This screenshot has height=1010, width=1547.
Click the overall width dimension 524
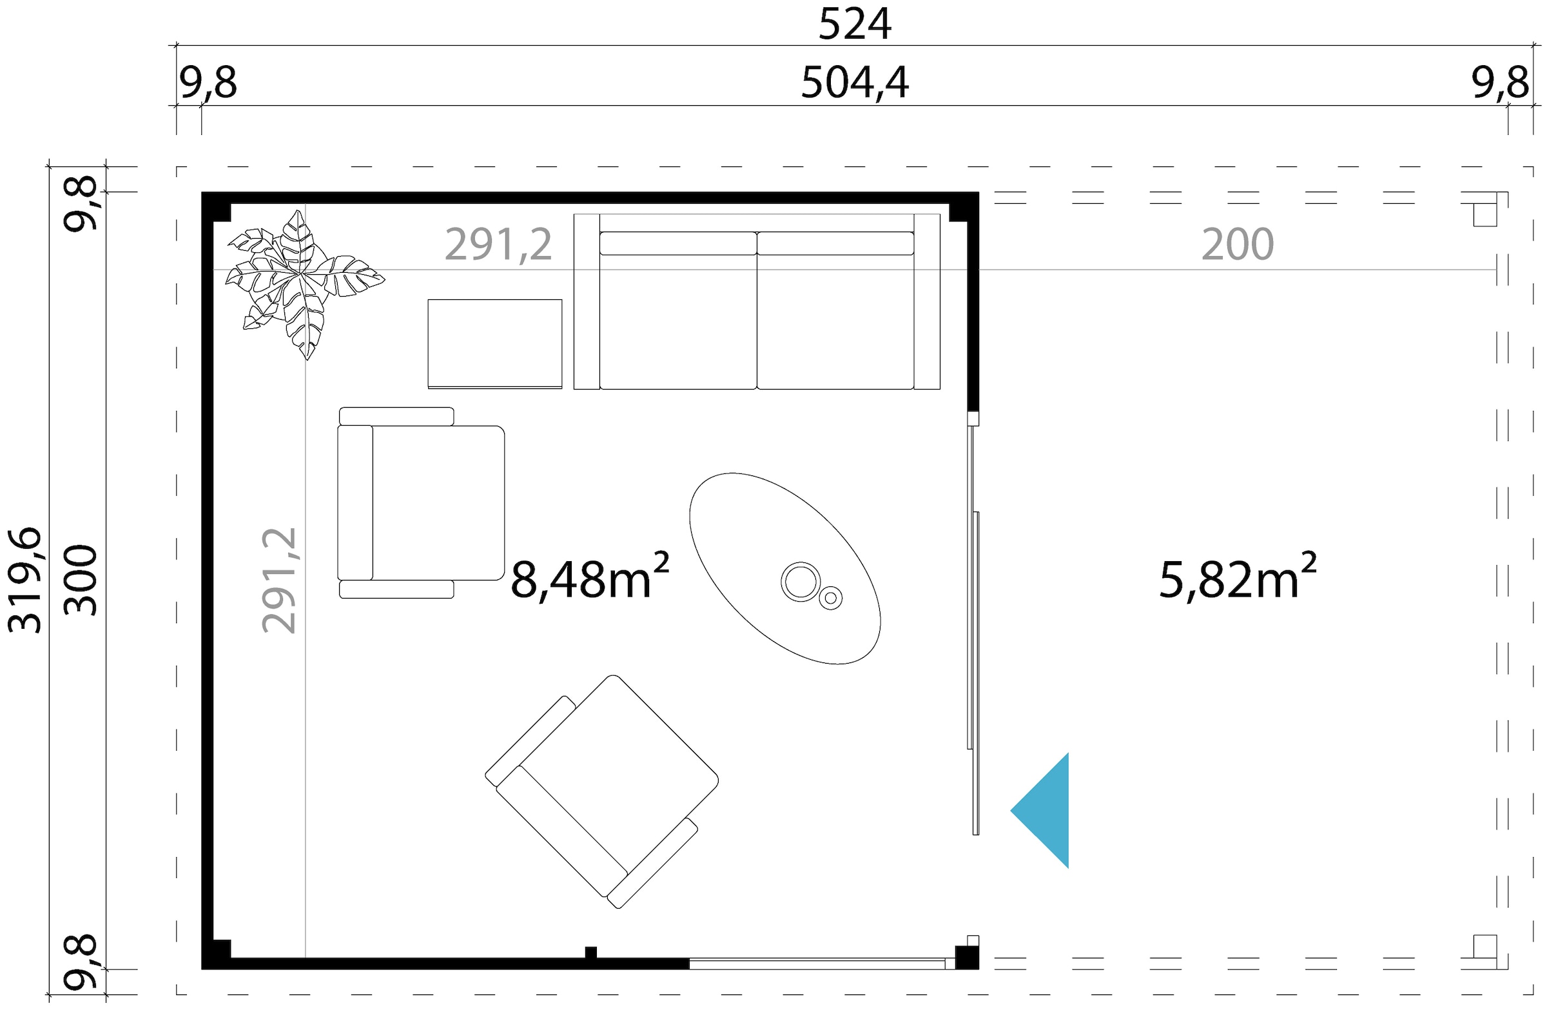point(854,25)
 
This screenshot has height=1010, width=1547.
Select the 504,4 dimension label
point(854,83)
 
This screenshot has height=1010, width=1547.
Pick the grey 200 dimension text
point(1237,244)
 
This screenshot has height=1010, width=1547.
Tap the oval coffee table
point(784,568)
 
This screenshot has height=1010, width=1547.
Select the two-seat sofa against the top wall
point(757,302)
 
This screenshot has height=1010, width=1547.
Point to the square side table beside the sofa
point(494,344)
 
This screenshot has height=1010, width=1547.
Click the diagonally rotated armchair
point(602,791)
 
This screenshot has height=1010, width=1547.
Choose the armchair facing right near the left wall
point(421,502)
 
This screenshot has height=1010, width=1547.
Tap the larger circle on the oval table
point(800,580)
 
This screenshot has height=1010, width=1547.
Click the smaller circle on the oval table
point(831,598)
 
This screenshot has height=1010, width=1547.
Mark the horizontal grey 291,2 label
point(498,244)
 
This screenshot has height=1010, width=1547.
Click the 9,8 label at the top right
point(1500,83)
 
